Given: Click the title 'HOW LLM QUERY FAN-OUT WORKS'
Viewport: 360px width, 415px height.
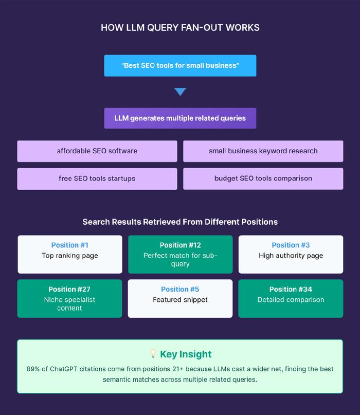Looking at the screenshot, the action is pos(180,28).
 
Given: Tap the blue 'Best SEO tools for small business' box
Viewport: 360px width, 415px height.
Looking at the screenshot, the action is pos(180,66).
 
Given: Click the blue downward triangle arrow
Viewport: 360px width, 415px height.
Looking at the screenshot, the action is pos(181,92).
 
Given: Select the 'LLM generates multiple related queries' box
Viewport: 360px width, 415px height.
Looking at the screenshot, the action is pos(180,118).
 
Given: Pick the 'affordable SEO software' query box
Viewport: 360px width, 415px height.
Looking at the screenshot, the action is pos(97,151).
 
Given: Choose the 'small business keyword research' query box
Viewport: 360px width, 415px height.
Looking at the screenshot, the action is pos(263,151).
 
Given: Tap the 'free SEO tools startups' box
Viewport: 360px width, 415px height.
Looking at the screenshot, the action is pos(97,178).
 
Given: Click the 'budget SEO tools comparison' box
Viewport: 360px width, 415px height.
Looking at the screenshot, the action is pos(263,178).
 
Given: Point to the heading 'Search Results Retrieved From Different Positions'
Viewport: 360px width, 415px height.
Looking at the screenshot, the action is pos(180,222).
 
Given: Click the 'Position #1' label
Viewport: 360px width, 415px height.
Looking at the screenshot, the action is pos(70,245).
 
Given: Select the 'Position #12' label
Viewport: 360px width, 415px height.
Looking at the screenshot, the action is pos(181,245).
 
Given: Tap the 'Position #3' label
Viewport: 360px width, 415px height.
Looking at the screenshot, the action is pos(291,245).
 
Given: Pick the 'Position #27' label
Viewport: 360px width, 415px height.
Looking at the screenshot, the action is pos(69,290).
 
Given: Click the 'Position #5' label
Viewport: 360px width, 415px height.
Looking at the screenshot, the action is pos(180,290).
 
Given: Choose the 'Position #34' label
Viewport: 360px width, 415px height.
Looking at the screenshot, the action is pos(291,290).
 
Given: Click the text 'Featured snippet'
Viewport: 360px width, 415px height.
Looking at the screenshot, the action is pos(180,300).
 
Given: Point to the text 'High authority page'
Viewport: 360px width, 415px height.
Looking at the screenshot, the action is pos(291,256).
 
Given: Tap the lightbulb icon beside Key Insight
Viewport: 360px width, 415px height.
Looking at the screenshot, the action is pos(153,353).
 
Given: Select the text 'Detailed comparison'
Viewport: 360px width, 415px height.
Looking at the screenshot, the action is pos(291,300).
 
